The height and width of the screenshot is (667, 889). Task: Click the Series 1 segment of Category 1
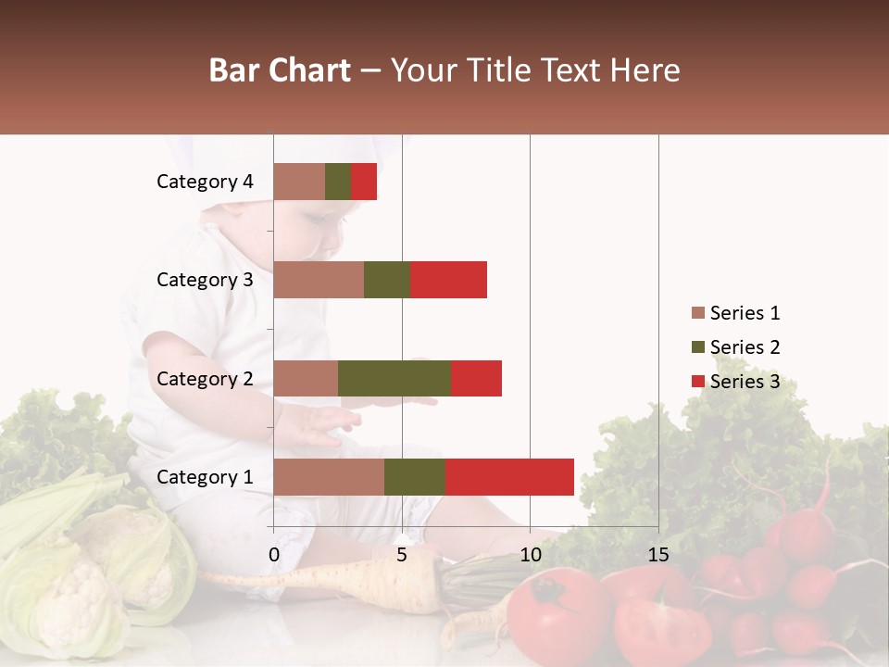click(x=329, y=477)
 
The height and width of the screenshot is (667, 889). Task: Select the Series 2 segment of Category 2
click(x=394, y=378)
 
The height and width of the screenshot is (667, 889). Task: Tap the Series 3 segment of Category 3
click(x=448, y=280)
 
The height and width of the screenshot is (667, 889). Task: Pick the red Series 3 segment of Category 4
click(x=364, y=182)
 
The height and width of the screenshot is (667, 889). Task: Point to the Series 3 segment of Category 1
click(x=509, y=477)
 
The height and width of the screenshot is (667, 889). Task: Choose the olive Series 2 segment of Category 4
click(x=338, y=182)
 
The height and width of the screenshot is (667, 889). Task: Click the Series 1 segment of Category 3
click(x=319, y=280)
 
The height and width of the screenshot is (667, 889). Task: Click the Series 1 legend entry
click(x=736, y=313)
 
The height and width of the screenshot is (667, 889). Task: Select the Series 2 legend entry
click(x=736, y=347)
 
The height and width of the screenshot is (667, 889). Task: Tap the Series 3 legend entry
click(x=736, y=382)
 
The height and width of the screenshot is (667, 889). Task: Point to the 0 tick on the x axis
click(x=274, y=555)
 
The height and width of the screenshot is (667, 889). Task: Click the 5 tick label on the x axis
click(x=402, y=555)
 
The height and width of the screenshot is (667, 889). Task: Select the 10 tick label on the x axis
click(x=530, y=555)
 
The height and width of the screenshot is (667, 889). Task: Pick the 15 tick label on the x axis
click(x=658, y=555)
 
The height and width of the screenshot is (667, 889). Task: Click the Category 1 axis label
click(x=205, y=477)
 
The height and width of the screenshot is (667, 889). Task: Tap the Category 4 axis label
click(x=205, y=182)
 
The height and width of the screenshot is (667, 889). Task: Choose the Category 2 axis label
click(x=205, y=378)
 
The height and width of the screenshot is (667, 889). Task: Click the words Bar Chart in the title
click(x=280, y=70)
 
